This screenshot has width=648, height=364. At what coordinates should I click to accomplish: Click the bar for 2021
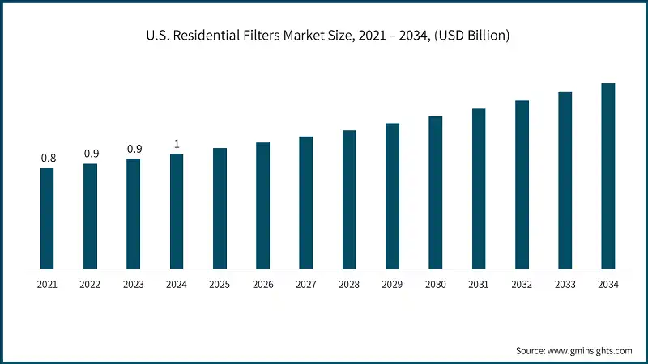[47, 218]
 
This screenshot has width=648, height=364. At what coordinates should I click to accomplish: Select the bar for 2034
[608, 176]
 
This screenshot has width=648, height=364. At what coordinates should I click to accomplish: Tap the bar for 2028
[349, 199]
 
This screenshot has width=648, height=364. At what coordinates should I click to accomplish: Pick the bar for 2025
[220, 208]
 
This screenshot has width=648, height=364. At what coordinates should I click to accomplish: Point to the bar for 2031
[479, 188]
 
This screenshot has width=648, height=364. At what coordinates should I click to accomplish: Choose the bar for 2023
[133, 214]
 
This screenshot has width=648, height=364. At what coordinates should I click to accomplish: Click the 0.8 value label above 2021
[48, 158]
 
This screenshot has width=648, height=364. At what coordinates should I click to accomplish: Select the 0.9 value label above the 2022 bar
[91, 154]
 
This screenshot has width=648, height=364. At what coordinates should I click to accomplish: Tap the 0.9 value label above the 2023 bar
[134, 149]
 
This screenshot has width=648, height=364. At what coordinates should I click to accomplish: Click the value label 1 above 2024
[177, 144]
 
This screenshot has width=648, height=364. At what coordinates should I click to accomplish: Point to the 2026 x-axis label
[263, 285]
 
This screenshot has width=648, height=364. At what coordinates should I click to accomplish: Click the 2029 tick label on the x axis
[392, 285]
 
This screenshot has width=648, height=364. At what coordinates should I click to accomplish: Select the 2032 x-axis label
[522, 285]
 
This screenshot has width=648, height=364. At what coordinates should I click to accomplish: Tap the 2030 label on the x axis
[436, 285]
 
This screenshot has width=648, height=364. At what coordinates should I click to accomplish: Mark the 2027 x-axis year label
[306, 285]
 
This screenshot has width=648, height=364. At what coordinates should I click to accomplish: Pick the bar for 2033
[565, 180]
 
